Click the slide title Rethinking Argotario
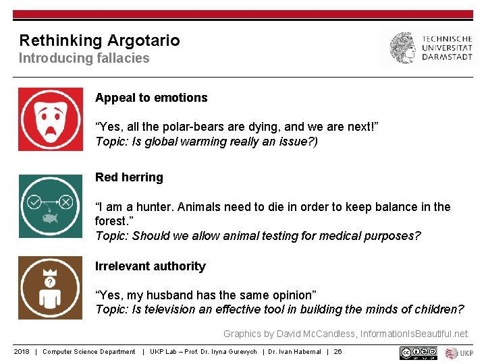pyautogui.click(x=99, y=40)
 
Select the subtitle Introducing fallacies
pyautogui.click(x=84, y=58)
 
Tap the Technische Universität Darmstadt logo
pyautogui.click(x=430, y=49)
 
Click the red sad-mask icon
pyautogui.click(x=51, y=119)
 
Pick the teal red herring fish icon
pyautogui.click(x=51, y=206)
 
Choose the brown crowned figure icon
pyautogui.click(x=51, y=288)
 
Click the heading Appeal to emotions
pyautogui.click(x=151, y=98)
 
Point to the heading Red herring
pyautogui.click(x=129, y=177)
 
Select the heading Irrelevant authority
pyautogui.click(x=150, y=266)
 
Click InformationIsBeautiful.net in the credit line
pyautogui.click(x=414, y=334)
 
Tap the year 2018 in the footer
pyautogui.click(x=22, y=352)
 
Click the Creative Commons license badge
pyautogui.click(x=418, y=353)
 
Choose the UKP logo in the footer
pyautogui.click(x=460, y=353)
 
